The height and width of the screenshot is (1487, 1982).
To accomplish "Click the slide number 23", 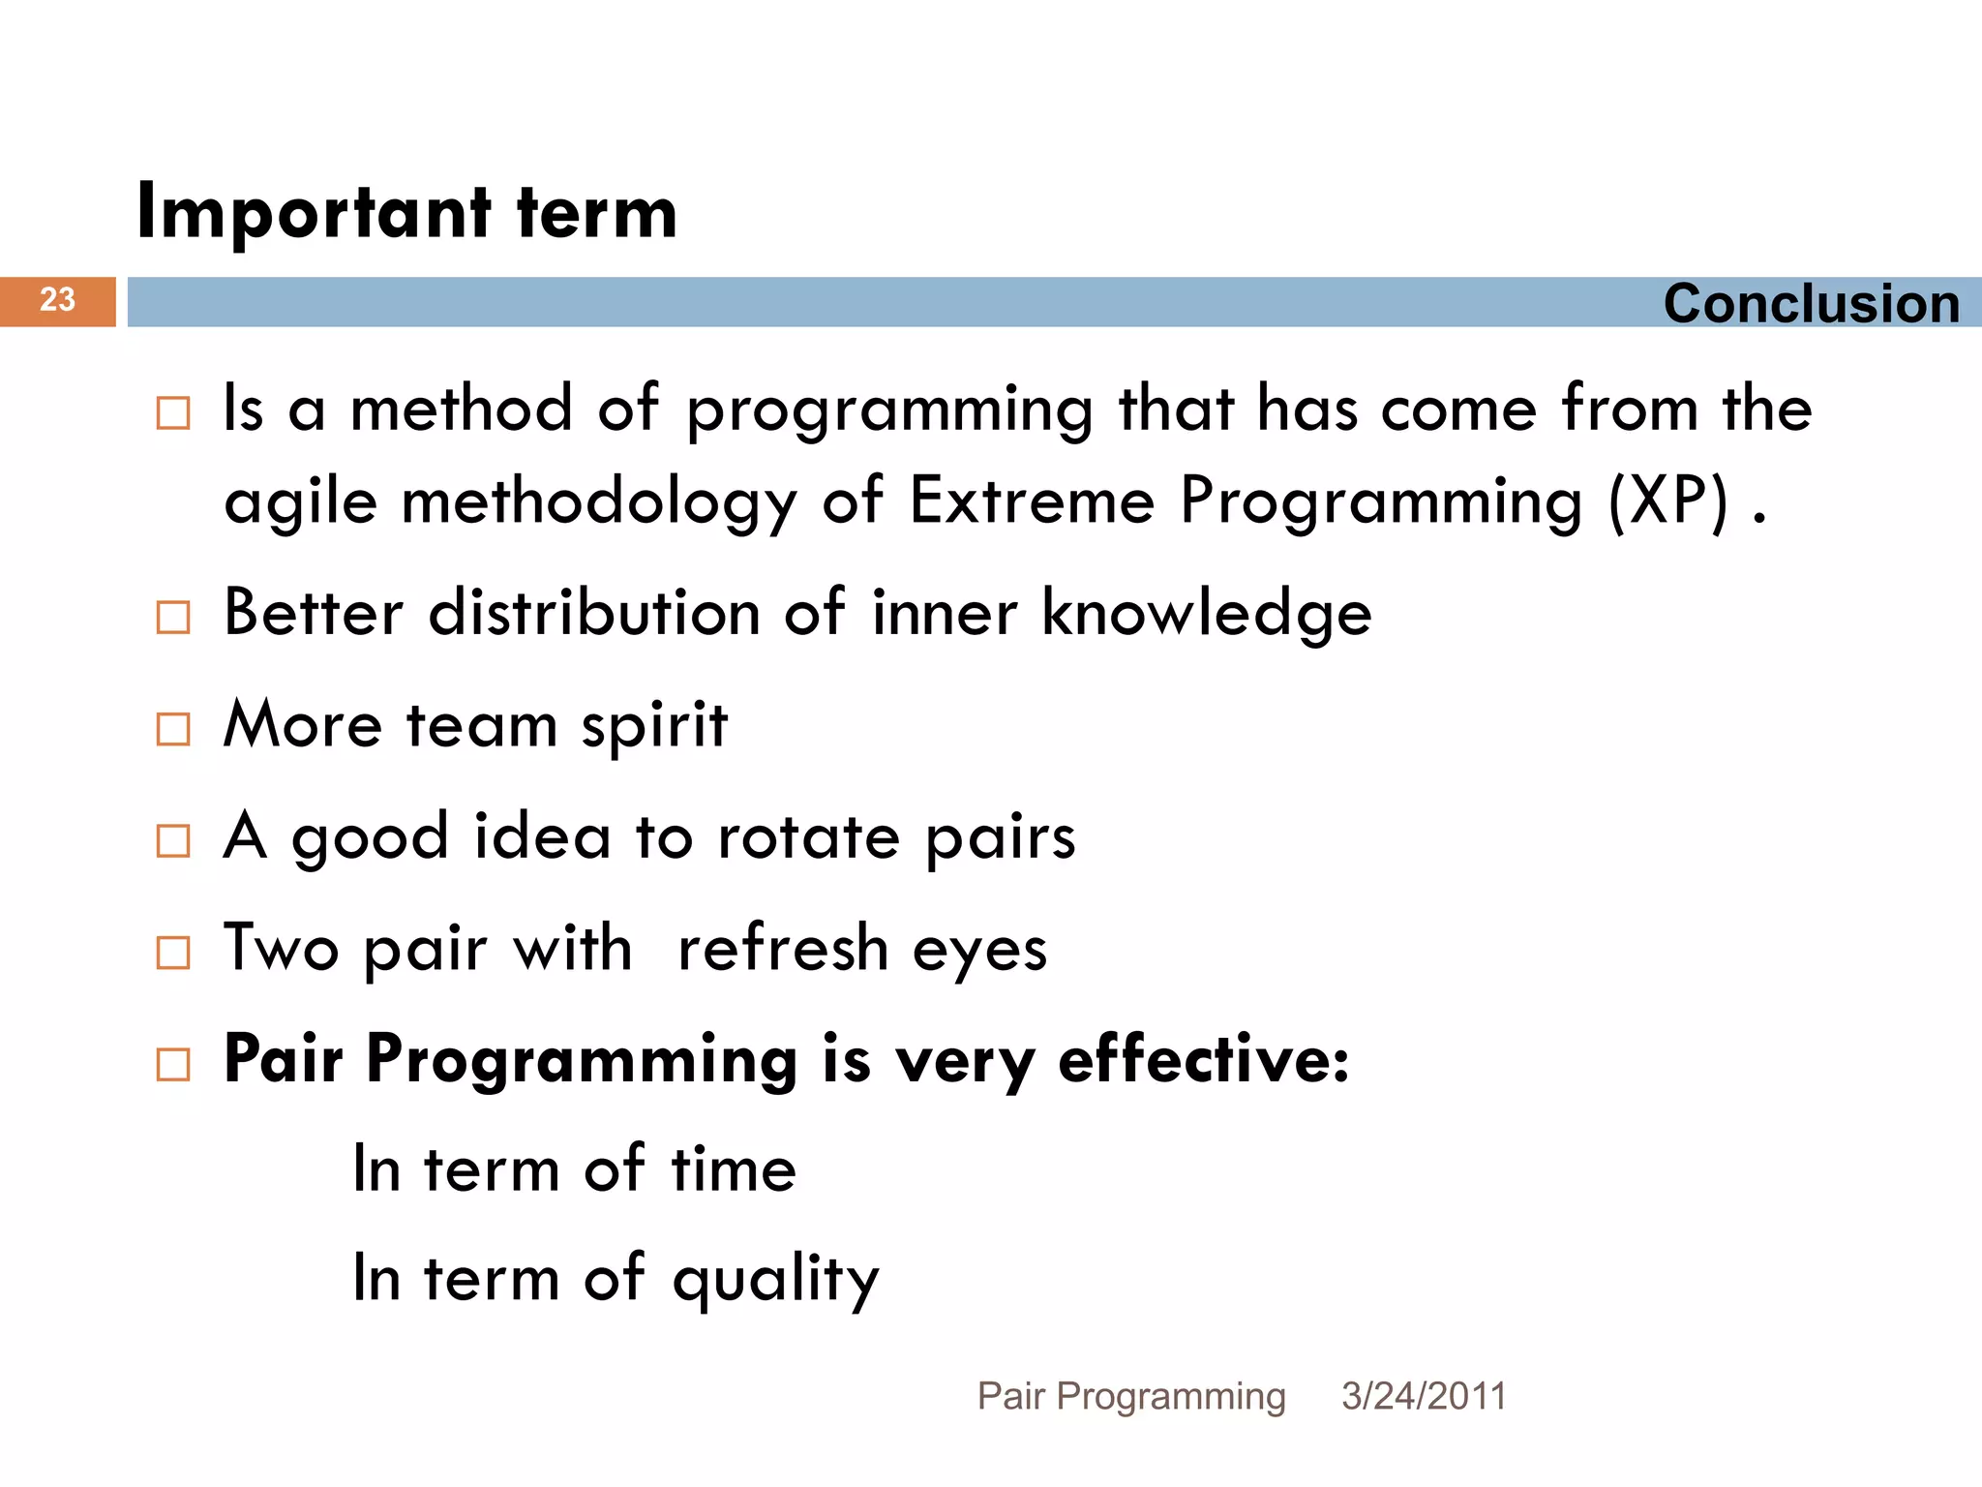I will pos(57,300).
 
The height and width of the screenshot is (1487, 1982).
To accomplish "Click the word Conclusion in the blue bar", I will pos(1811,304).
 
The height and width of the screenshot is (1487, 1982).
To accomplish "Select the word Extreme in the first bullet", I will pos(1032,501).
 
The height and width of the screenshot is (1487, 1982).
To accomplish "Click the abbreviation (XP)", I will pos(1667,501).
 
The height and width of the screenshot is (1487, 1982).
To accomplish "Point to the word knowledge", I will pos(1206,614).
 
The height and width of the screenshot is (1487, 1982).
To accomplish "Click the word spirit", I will pos(654,726).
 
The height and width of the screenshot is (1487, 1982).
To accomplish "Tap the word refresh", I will pos(782,949).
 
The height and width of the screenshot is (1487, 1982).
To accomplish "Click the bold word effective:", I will pos(1203,1059).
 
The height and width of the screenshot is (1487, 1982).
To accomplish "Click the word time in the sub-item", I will pos(734,1169).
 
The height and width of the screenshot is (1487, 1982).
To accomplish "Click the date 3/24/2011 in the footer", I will pos(1423,1396).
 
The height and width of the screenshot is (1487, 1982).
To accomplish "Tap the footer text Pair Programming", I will pos(1130,1396).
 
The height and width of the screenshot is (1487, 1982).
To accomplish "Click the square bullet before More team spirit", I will pos(173,729).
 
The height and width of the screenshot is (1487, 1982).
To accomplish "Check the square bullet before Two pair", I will pos(173,953).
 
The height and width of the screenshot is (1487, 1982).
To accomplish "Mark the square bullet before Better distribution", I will pos(173,617).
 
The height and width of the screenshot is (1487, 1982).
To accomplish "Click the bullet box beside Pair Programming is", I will pos(173,1064).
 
